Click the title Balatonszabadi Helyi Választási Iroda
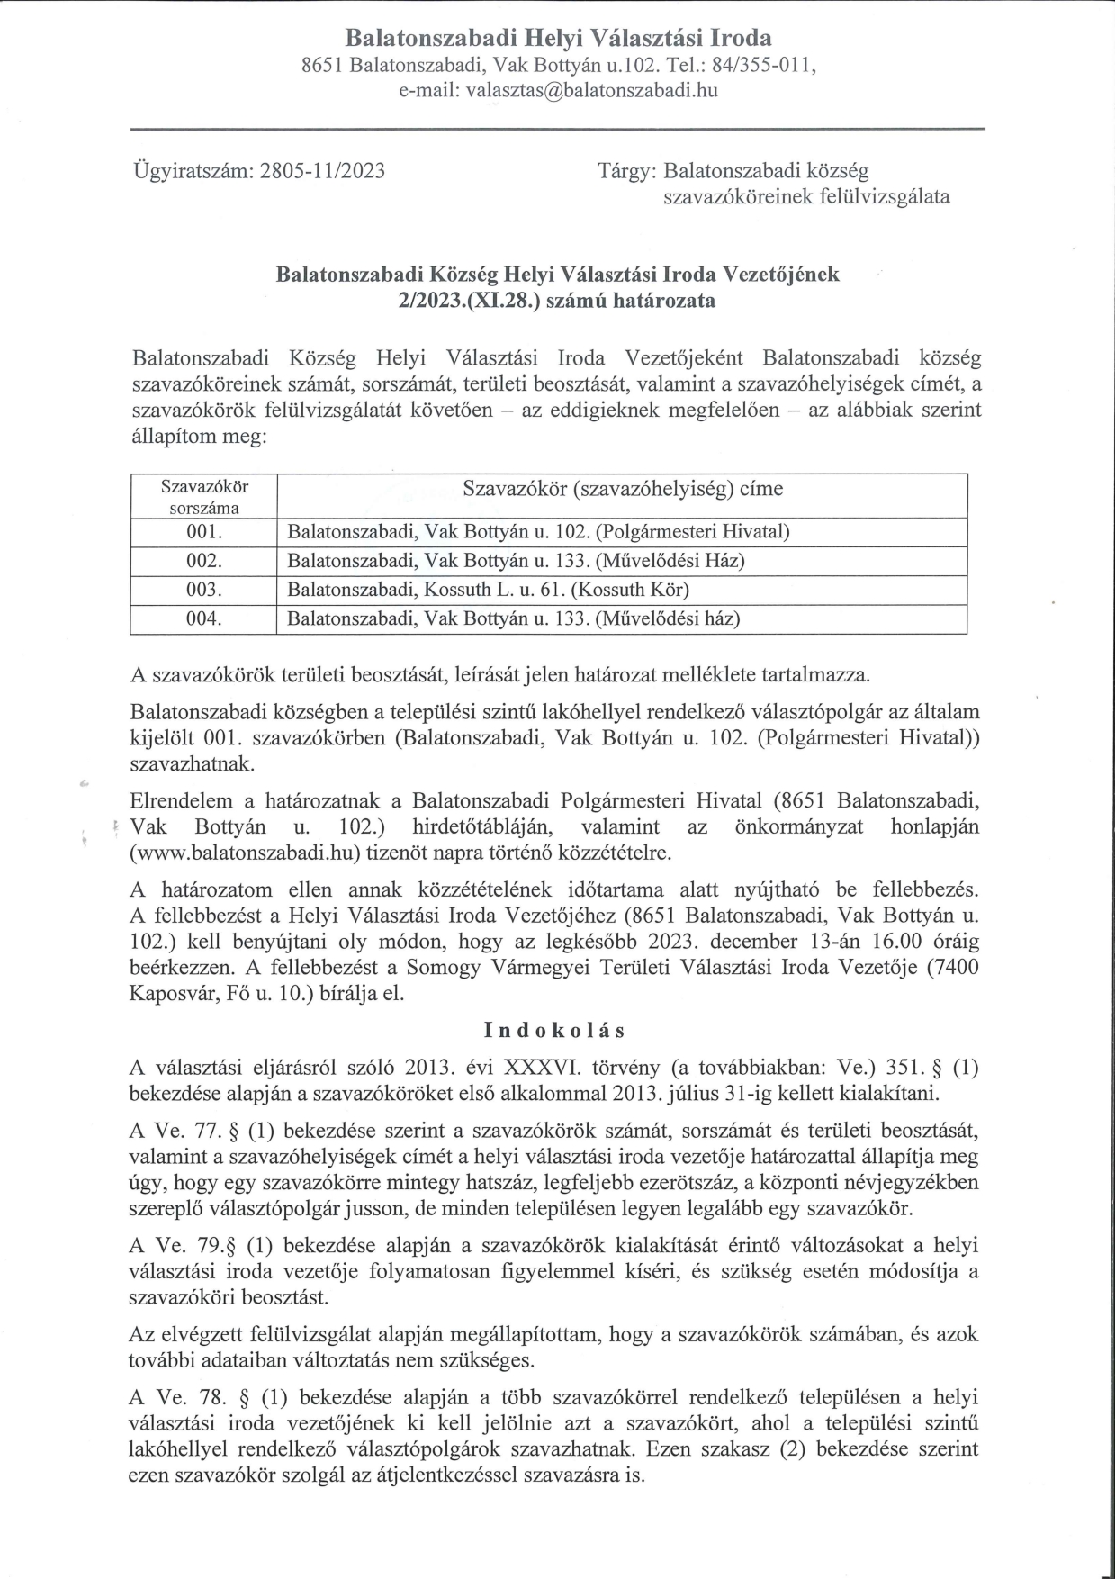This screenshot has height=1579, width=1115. [x=558, y=38]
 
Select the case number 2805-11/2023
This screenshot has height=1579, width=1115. [x=322, y=171]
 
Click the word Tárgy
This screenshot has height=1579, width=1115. [x=627, y=171]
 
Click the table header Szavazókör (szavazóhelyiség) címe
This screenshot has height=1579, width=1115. [x=622, y=489]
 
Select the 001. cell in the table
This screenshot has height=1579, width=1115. [x=203, y=531]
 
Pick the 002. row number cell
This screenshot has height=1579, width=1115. [x=203, y=561]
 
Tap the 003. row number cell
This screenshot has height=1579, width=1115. [x=203, y=590]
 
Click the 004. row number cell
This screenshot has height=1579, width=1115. [x=203, y=619]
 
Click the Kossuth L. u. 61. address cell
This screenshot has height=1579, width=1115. [x=488, y=590]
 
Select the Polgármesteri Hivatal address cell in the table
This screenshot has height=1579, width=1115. [x=538, y=531]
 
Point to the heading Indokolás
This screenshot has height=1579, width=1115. [x=554, y=1030]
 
